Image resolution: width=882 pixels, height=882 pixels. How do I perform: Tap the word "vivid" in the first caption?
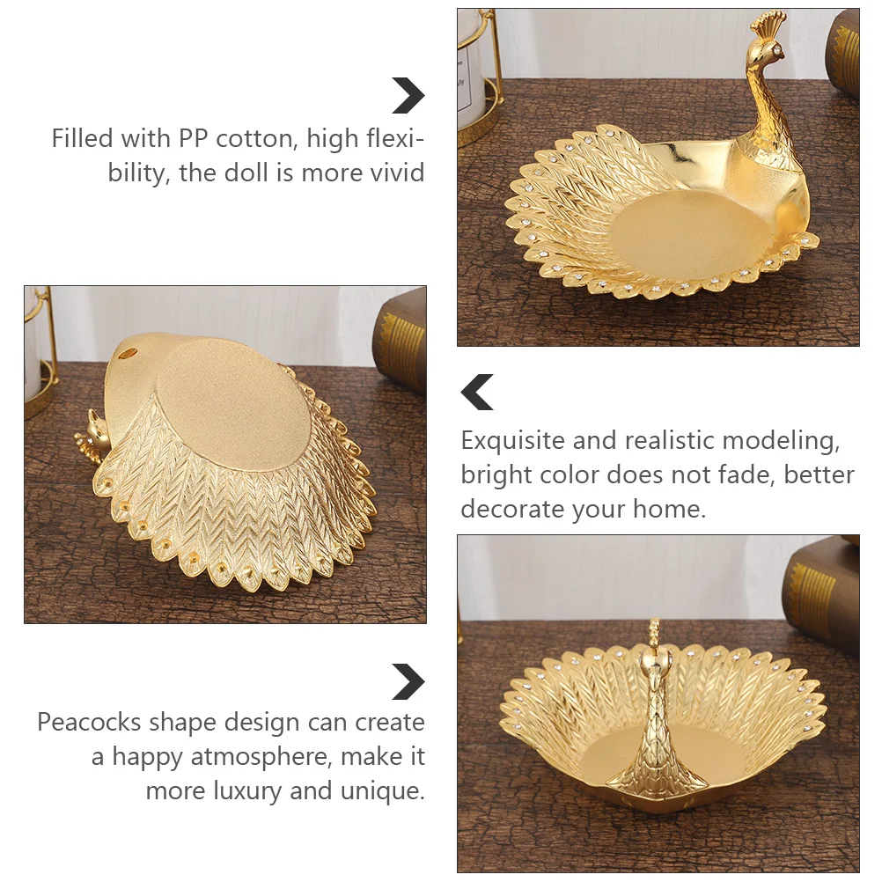(393, 172)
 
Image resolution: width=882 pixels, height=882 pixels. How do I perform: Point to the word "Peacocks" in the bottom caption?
(88, 723)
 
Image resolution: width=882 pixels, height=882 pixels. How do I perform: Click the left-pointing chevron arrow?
(478, 393)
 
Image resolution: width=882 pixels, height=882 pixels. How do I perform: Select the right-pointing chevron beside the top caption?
(408, 95)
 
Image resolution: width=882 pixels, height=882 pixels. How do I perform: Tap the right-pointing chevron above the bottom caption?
(408, 682)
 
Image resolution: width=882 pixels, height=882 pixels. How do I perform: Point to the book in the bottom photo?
(826, 590)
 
